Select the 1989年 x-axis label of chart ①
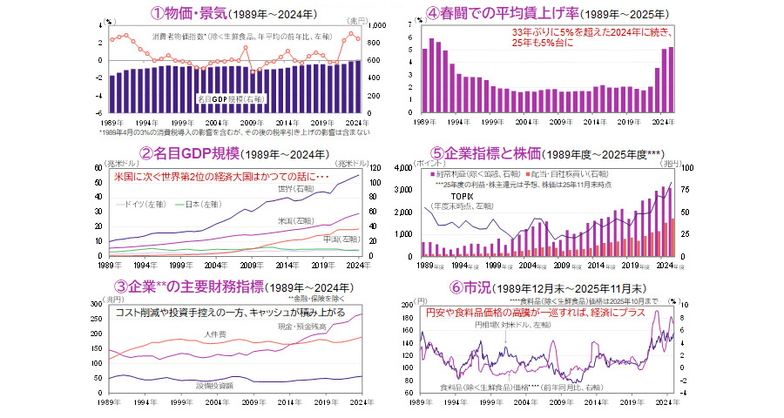(x=110, y=123)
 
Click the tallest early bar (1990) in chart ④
(x=432, y=39)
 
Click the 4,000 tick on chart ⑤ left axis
(x=407, y=167)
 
